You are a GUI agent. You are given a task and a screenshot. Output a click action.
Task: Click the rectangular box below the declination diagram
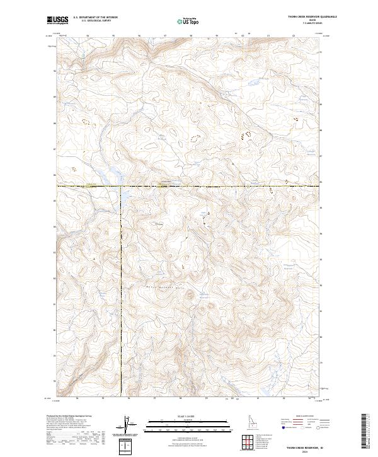click(x=127, y=447)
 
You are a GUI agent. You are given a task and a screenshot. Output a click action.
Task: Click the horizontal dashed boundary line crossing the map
click(x=220, y=186)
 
